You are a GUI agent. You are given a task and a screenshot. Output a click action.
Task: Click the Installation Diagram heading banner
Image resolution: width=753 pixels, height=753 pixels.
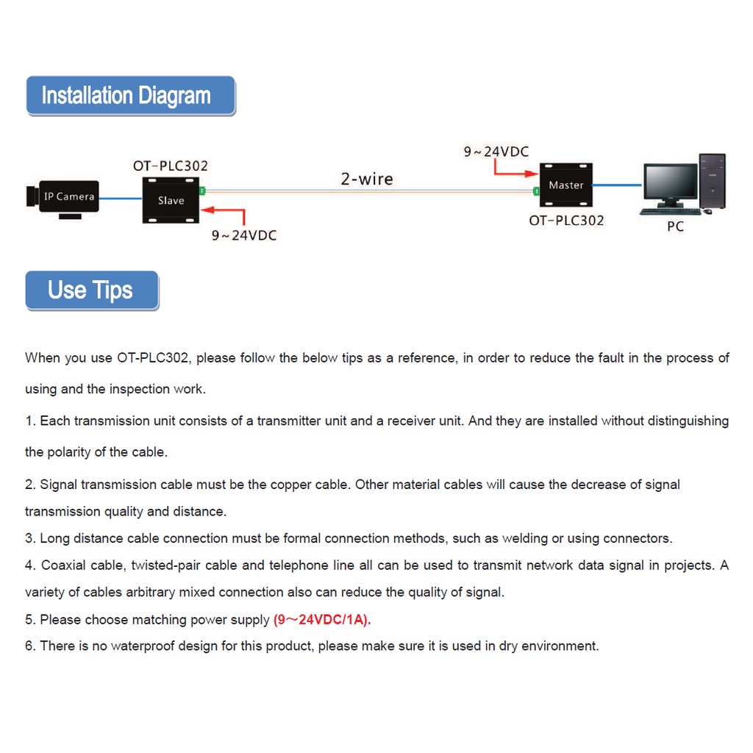point(130,96)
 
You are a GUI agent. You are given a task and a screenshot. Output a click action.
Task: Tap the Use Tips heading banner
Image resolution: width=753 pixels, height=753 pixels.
point(91,290)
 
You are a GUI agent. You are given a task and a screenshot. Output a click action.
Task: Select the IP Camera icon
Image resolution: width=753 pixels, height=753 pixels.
point(63,197)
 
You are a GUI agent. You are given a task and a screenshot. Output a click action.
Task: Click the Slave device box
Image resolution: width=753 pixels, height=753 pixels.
point(171,200)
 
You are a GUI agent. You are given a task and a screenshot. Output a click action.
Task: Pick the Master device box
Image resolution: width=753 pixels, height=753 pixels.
point(565,185)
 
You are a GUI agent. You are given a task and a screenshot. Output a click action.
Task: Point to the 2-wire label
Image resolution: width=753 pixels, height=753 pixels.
point(366,179)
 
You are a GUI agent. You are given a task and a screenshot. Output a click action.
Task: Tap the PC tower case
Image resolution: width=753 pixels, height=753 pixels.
point(712,182)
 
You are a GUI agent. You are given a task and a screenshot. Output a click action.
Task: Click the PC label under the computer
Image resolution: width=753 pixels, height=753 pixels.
point(675,226)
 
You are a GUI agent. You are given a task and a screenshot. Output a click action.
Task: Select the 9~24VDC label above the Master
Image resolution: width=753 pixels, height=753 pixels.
point(496,152)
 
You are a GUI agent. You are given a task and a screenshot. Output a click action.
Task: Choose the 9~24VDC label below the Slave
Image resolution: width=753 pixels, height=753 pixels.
point(244,236)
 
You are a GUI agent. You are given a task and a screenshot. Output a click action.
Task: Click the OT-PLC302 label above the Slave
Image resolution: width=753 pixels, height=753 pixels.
point(170,166)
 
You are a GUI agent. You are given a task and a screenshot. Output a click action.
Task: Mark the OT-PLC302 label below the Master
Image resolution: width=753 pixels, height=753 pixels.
point(566,220)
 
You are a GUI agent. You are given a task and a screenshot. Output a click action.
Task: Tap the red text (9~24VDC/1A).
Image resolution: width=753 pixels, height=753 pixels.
point(322,620)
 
